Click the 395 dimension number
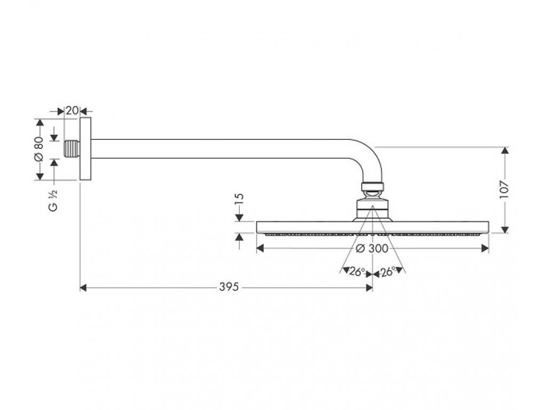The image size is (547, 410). pos(228,288)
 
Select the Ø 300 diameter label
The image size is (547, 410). pos(372,248)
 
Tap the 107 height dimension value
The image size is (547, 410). pos(506,189)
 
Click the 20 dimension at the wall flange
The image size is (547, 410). pos(72,111)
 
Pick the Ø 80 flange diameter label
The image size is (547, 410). pos(38,149)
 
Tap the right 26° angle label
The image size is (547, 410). pos(388,272)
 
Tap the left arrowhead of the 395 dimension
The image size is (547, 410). pos(83,288)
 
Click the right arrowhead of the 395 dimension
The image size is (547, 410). pos(369,288)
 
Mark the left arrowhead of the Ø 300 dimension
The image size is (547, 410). pos(260,248)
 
